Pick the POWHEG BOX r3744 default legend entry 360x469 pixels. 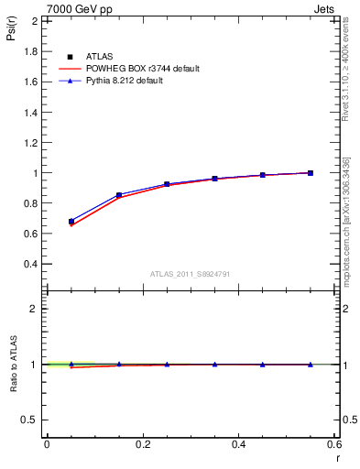(141, 69)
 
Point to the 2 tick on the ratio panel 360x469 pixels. (35, 309)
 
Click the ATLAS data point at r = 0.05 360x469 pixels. (71, 222)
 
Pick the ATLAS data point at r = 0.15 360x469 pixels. (119, 195)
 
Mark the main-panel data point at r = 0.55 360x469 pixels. (311, 173)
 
